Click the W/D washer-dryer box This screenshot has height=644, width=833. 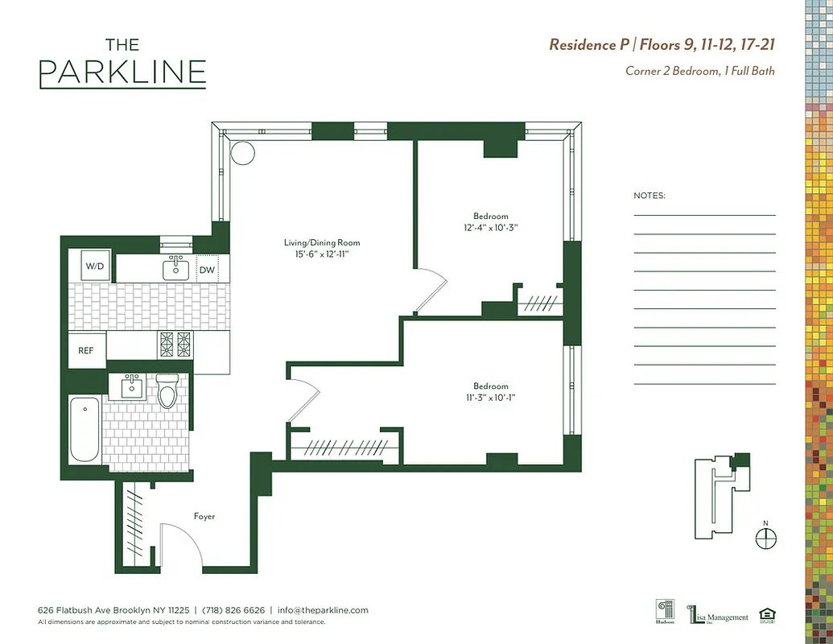(95, 266)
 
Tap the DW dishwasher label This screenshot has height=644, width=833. (207, 270)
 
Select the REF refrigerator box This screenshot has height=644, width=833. (86, 351)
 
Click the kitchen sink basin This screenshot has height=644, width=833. (175, 269)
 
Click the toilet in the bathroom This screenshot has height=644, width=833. (167, 392)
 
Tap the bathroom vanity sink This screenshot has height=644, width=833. (130, 387)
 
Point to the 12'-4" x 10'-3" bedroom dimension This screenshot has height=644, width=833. (490, 227)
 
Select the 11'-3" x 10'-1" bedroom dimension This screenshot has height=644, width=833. (490, 397)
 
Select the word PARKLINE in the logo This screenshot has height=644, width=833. (122, 72)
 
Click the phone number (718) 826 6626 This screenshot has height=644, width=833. (233, 610)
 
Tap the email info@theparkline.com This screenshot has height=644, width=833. (323, 610)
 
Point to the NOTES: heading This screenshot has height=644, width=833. (649, 196)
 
